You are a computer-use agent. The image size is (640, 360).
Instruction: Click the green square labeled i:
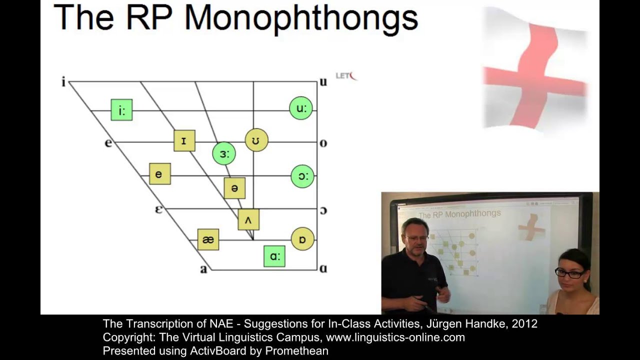[x=121, y=110]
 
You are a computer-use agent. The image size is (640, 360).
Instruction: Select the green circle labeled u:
[x=301, y=108]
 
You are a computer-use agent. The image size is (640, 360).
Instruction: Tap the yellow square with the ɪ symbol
[x=184, y=140]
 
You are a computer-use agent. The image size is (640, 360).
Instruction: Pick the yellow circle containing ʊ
[x=256, y=140]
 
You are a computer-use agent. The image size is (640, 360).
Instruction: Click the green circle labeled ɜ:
[x=223, y=154]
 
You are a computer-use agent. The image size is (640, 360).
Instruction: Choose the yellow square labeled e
[x=159, y=174]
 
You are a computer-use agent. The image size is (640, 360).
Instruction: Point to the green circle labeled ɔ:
[x=302, y=176]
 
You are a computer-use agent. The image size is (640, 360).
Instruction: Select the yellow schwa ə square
[x=234, y=188]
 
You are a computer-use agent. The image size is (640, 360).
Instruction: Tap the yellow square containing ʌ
[x=248, y=219]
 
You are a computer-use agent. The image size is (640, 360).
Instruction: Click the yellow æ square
[x=208, y=239]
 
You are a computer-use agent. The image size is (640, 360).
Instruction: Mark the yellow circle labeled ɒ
[x=302, y=239]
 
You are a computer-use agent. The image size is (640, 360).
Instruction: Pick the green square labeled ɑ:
[x=274, y=256]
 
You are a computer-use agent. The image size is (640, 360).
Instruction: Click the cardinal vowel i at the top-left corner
[x=63, y=82]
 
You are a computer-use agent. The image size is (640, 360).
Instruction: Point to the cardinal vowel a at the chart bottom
[x=203, y=269]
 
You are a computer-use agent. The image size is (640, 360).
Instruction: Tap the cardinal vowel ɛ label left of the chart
[x=158, y=209]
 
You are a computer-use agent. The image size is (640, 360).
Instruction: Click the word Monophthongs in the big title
[x=301, y=18]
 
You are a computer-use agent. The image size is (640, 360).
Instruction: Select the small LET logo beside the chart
[x=346, y=76]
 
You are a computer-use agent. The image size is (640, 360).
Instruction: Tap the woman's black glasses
[x=569, y=273]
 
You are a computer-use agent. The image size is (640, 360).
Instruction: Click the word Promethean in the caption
[x=296, y=351]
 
